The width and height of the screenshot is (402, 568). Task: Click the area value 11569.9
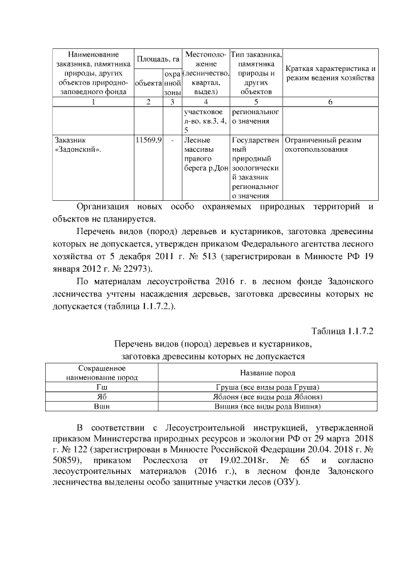146,140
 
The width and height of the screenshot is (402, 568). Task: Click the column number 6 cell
330,102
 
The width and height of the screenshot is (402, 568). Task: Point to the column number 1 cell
92,102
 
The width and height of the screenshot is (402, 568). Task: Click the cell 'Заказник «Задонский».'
79,145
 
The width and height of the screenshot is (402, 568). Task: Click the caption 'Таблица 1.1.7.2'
342,331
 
